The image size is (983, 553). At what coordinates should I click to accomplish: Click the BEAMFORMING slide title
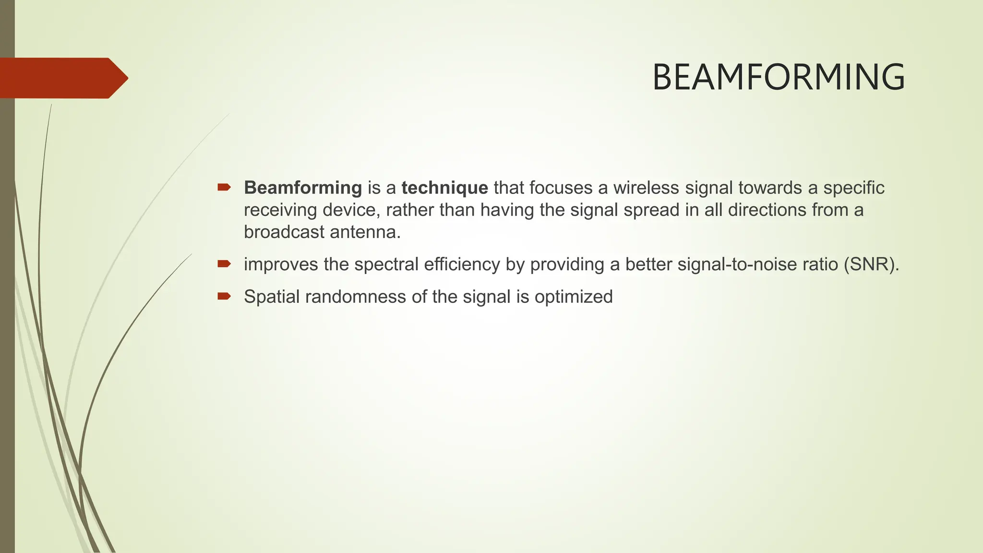click(x=779, y=77)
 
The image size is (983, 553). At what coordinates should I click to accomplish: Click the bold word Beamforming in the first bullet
click(x=303, y=188)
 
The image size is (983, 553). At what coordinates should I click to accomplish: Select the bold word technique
click(x=444, y=188)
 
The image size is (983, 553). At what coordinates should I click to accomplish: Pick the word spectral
click(x=386, y=264)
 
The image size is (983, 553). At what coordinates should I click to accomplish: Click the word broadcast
click(x=284, y=232)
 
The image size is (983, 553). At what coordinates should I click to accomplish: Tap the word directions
click(x=767, y=210)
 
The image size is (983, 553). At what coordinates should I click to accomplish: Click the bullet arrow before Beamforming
click(x=224, y=187)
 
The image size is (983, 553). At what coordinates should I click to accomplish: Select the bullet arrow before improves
click(x=224, y=264)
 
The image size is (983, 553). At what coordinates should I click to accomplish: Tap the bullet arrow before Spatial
click(x=224, y=296)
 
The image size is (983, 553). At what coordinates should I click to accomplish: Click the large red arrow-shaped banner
click(x=62, y=78)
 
